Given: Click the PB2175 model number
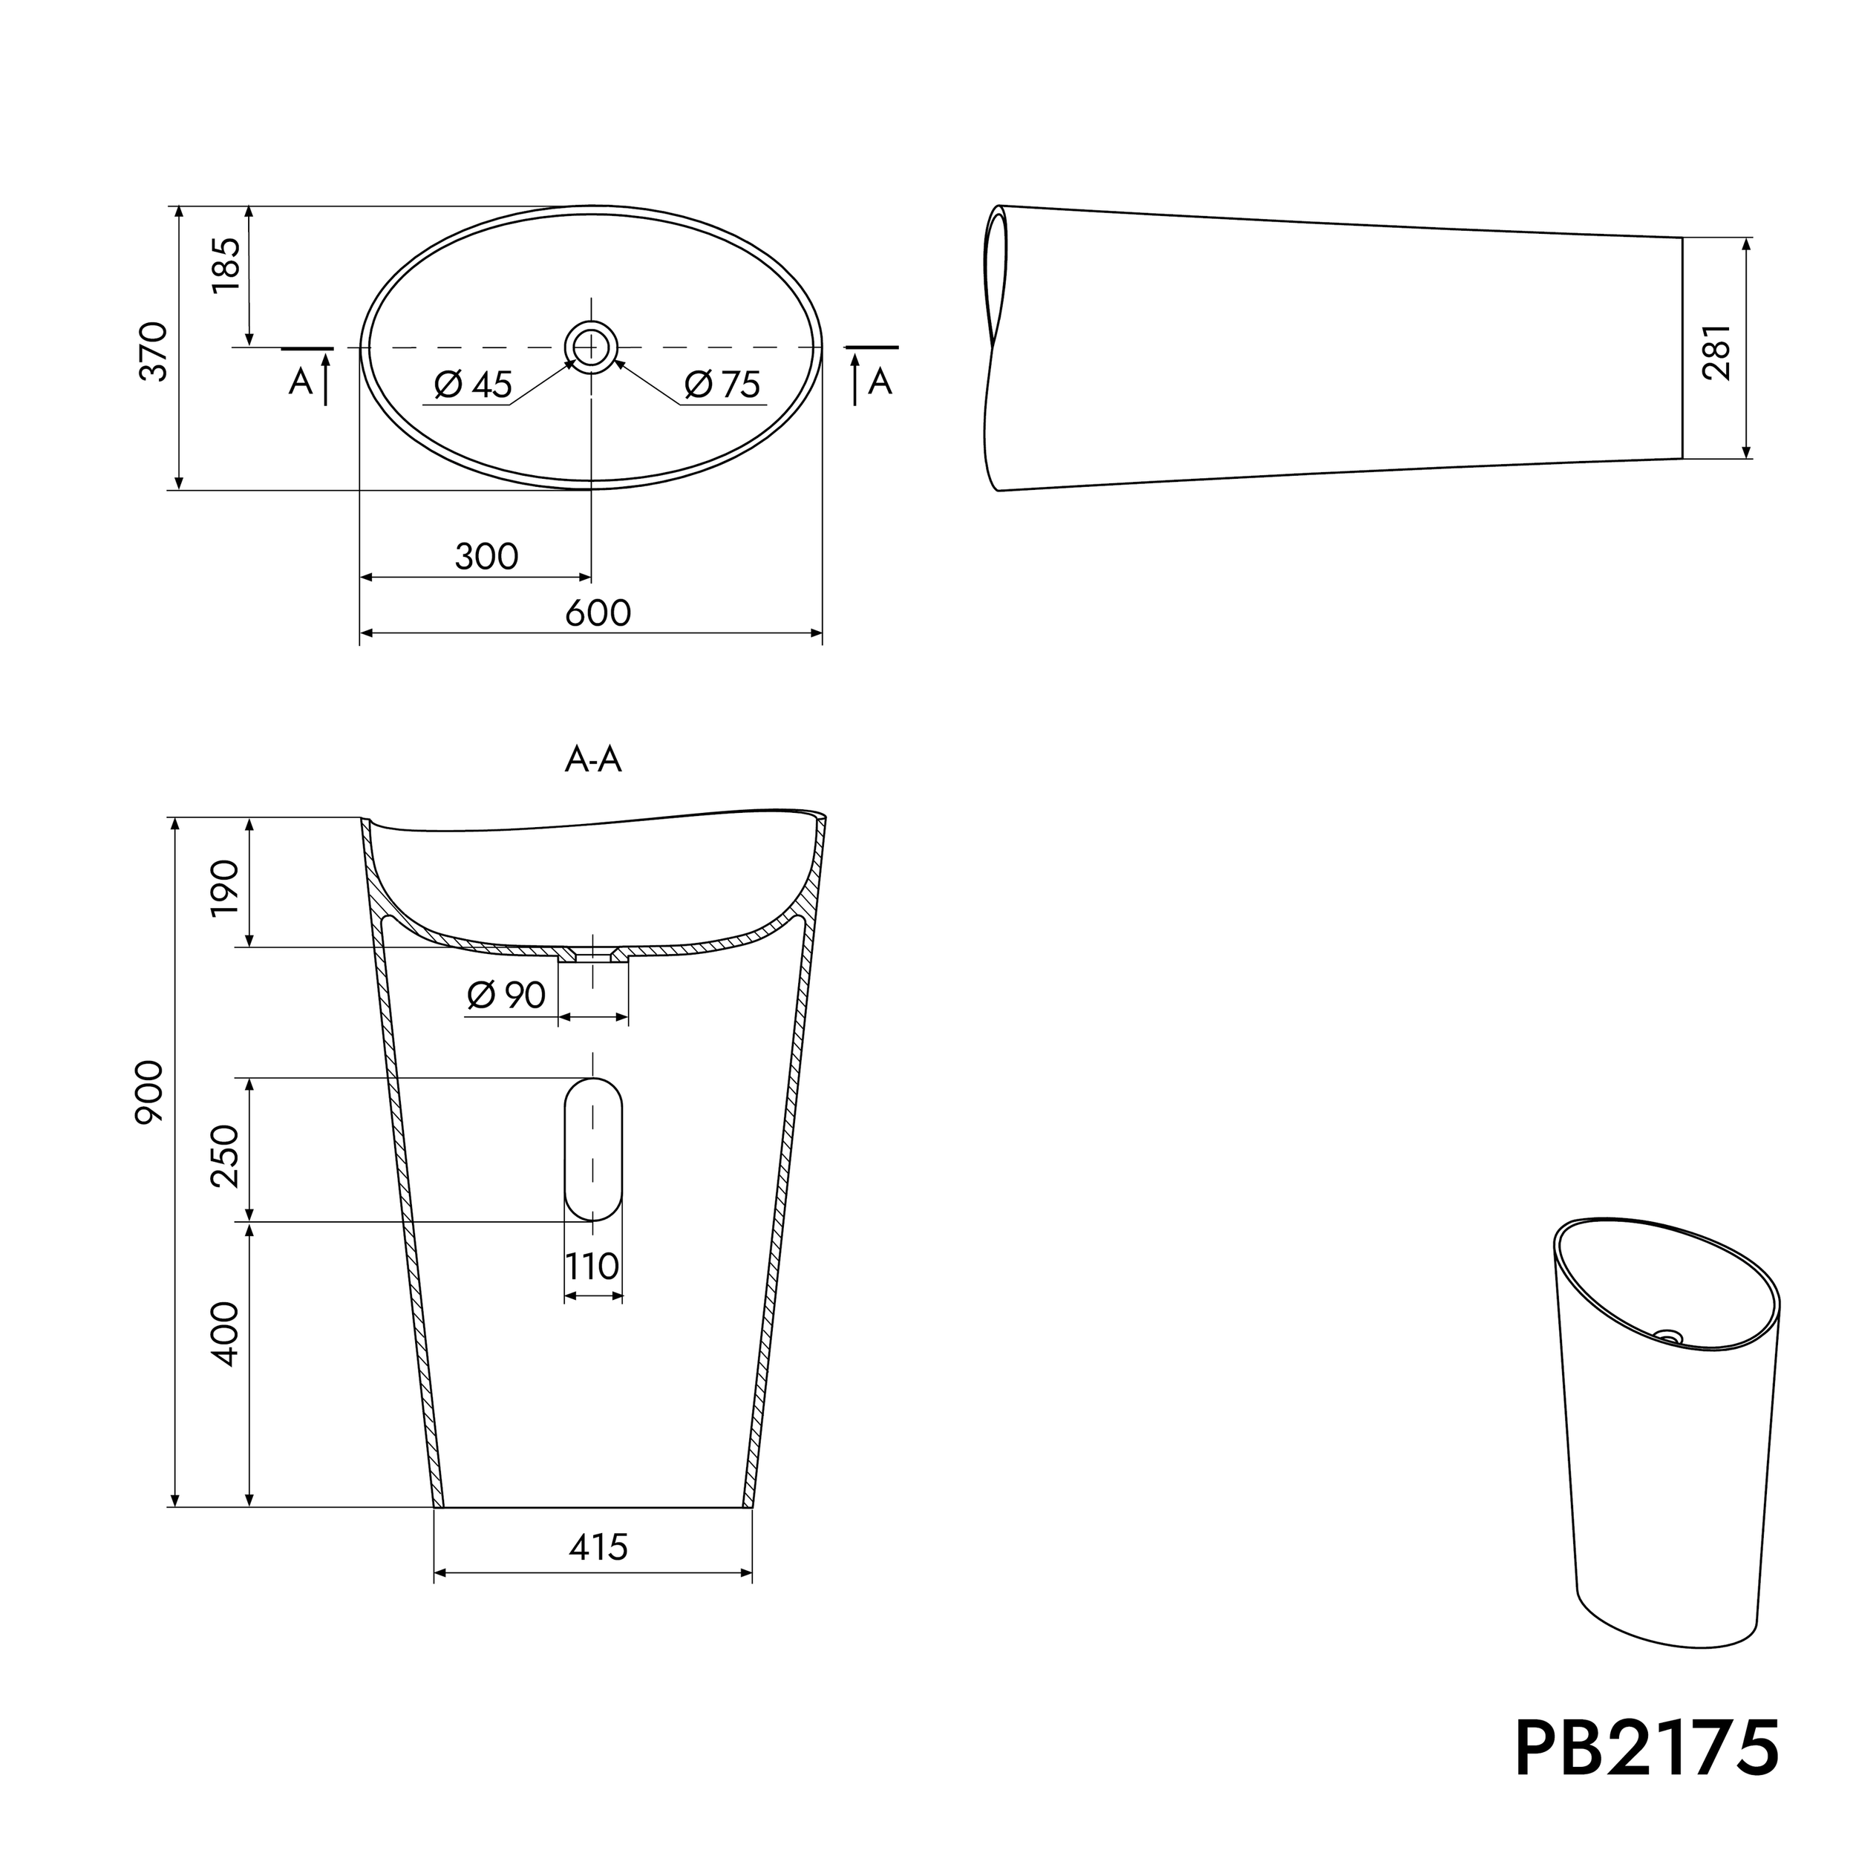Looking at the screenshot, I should (x=1647, y=1748).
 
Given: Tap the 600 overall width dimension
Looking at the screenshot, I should (x=598, y=613).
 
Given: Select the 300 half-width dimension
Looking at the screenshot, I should (x=486, y=556).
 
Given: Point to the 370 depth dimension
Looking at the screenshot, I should (x=154, y=352).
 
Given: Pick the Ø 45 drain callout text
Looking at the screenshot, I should (x=473, y=385).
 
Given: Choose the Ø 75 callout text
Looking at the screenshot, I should (x=722, y=385).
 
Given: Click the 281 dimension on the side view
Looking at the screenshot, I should (x=1716, y=352).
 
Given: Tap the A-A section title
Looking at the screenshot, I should (x=592, y=761).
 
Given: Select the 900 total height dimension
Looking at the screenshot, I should (x=151, y=1091).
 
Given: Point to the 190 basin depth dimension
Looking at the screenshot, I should (x=224, y=889).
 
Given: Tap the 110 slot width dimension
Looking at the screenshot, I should (x=592, y=1266).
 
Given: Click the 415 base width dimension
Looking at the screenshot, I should (x=598, y=1546).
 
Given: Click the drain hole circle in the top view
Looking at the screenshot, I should (x=590, y=346).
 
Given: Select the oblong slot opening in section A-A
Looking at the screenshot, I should (x=592, y=1149).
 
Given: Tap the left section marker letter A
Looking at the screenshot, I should (x=301, y=382).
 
